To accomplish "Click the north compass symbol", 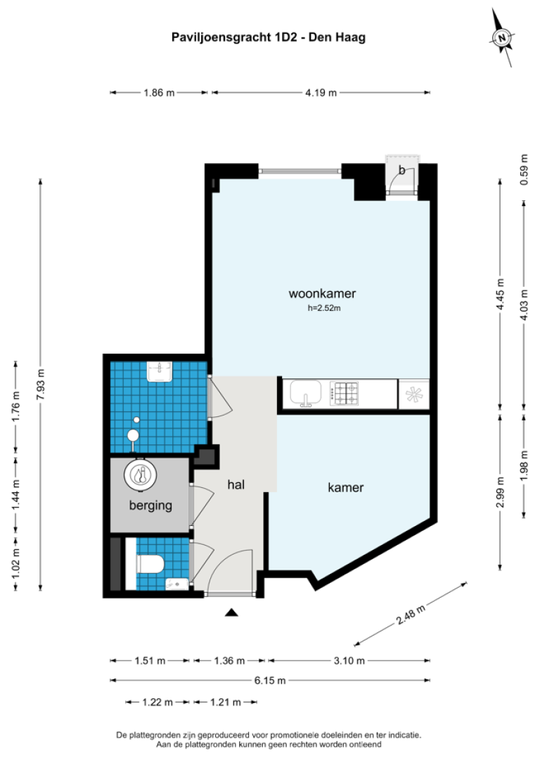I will point(502,38).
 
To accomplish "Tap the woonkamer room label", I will point(322,293).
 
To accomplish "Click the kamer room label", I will point(345,487).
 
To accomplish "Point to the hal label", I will point(236,484).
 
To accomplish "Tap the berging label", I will point(150,505).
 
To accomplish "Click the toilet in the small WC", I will point(150,562).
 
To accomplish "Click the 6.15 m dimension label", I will point(271,680).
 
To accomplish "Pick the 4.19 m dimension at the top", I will point(321,92).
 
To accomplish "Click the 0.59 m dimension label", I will point(523,169).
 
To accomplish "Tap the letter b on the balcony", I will point(401,169).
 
